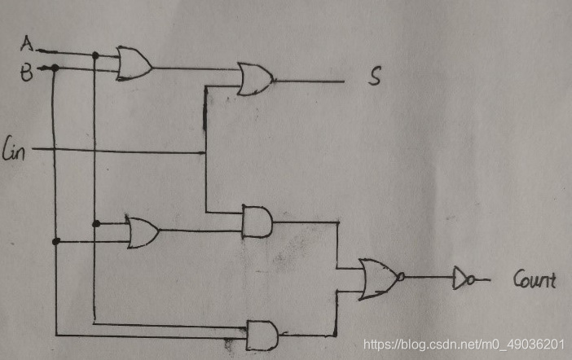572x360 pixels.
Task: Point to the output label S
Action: [375, 78]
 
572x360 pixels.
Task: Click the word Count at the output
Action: [534, 281]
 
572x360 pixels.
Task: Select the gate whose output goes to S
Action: [255, 79]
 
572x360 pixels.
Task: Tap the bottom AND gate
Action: [262, 333]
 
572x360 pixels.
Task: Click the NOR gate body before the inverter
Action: [376, 277]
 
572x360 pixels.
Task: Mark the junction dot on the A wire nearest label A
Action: [95, 55]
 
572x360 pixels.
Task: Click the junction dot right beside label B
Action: [54, 68]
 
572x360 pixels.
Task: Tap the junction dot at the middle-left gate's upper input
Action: [95, 223]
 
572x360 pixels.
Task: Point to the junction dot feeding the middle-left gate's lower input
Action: [55, 241]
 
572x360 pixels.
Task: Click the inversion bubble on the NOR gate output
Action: [401, 277]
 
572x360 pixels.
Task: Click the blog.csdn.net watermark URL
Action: [464, 345]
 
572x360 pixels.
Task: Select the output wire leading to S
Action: [310, 81]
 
